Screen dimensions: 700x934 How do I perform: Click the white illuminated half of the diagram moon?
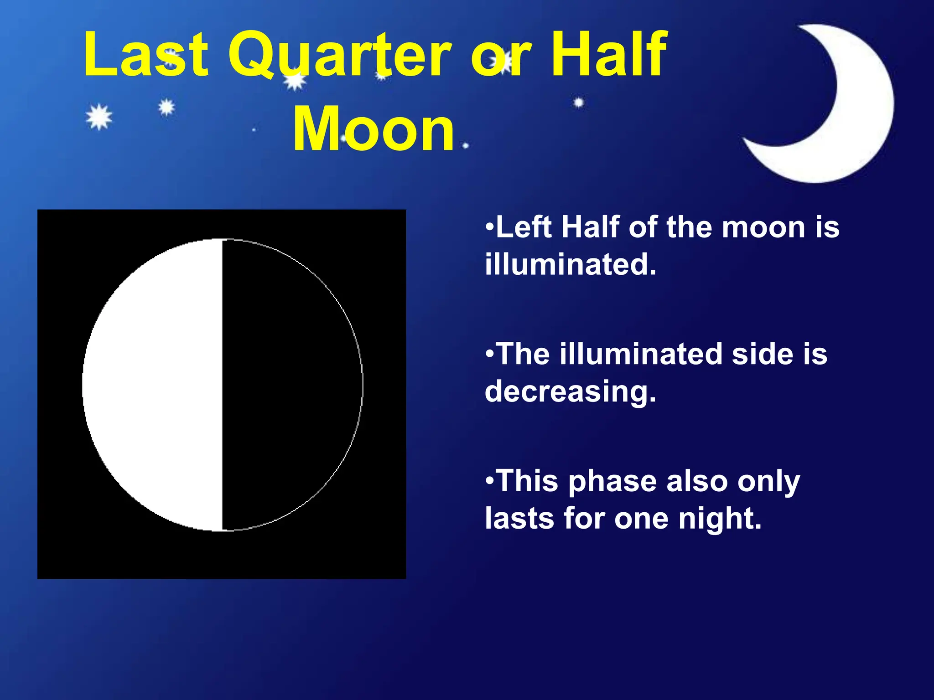click(x=155, y=385)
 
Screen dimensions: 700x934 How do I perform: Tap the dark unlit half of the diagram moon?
click(x=292, y=385)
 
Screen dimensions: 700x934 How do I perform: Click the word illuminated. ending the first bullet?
click(x=571, y=264)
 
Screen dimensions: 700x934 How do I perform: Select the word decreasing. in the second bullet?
click(x=571, y=391)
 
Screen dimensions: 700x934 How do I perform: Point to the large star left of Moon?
click(x=99, y=117)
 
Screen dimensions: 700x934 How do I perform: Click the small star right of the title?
click(x=579, y=103)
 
